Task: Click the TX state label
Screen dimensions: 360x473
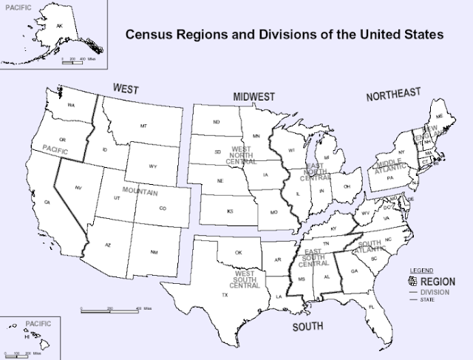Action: pos(225,295)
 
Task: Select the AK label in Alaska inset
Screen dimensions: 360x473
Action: pos(61,25)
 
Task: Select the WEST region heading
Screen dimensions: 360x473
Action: pos(126,88)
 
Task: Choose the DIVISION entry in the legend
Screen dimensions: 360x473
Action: pos(433,292)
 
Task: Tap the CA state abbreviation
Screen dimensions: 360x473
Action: pos(47,202)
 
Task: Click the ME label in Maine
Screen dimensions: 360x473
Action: pos(441,117)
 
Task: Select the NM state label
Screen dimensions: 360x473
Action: pos(154,253)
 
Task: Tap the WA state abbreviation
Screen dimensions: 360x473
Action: pos(72,106)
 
